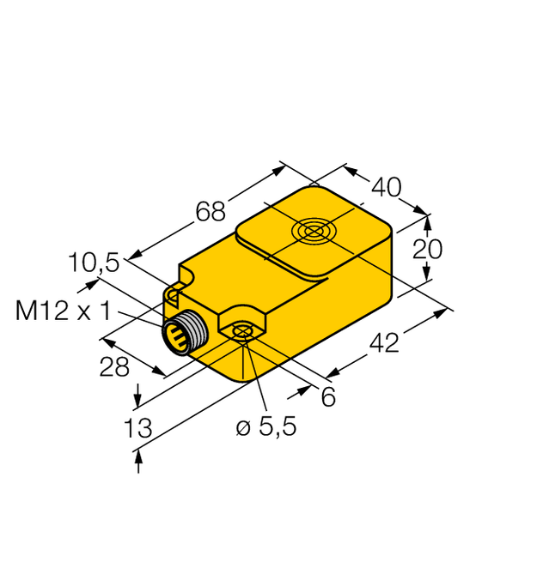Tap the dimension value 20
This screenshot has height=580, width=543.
tap(427, 249)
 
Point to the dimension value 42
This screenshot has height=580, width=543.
tap(383, 343)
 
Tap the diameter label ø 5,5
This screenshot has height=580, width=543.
tap(266, 426)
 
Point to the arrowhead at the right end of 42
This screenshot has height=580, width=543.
tap(443, 312)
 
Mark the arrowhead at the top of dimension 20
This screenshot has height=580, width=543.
tap(427, 218)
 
